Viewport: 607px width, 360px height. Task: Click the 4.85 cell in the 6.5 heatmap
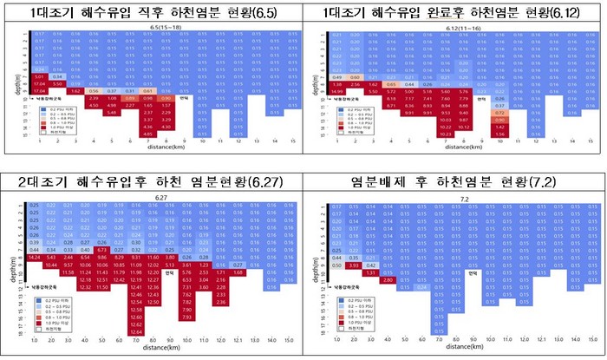coord(147,134)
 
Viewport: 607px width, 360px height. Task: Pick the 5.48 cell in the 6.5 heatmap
coord(112,112)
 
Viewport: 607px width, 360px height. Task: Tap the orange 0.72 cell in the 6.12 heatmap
coord(499,112)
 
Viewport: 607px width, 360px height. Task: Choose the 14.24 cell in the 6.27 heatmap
coord(36,259)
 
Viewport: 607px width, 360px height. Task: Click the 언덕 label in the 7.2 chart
coord(473,273)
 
